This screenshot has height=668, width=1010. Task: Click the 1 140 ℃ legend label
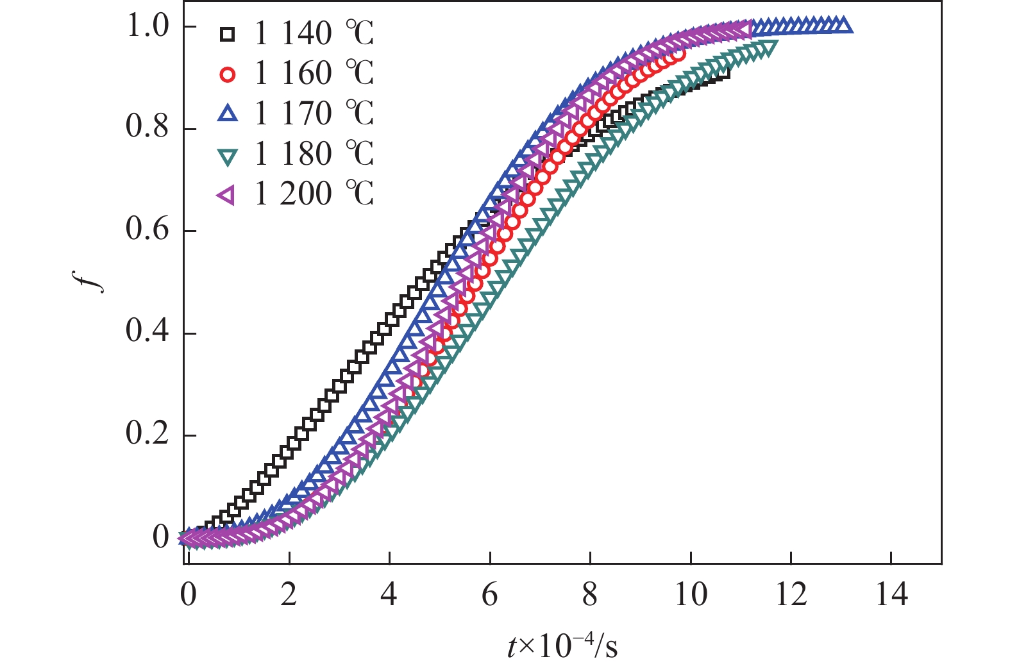tap(314, 34)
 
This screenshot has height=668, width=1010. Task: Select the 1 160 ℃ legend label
tap(314, 74)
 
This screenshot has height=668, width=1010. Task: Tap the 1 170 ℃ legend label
tap(314, 114)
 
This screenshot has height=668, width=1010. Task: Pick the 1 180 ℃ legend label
tap(314, 154)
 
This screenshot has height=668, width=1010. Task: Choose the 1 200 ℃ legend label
tap(314, 194)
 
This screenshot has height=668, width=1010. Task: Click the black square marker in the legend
tap(227, 35)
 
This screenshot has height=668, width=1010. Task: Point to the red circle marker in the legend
tap(227, 74)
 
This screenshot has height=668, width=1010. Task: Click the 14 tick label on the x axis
tap(891, 596)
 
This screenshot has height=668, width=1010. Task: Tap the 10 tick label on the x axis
tap(691, 596)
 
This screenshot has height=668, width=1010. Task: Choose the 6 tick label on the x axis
tap(490, 596)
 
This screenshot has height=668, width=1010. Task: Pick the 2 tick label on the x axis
tap(289, 596)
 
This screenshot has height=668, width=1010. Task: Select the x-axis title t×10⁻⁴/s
tap(562, 646)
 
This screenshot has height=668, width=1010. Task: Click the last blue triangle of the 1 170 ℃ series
tap(844, 26)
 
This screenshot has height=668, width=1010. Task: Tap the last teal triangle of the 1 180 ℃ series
tap(769, 47)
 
